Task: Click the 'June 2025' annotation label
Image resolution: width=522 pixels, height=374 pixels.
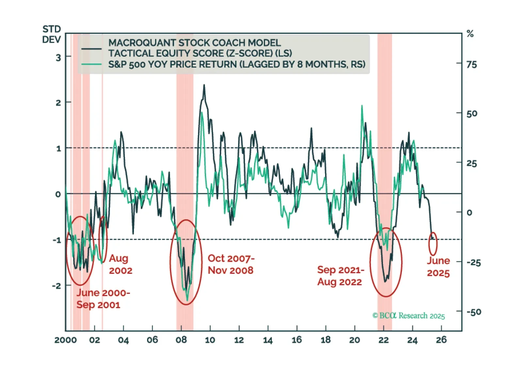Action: tap(438, 267)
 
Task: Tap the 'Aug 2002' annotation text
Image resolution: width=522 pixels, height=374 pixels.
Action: tap(121, 264)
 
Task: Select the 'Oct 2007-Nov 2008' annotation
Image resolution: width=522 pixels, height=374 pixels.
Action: tap(231, 264)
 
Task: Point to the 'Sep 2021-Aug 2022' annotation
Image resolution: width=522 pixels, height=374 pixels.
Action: tap(340, 276)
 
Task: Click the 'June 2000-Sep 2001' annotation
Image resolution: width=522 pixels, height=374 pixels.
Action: tap(103, 298)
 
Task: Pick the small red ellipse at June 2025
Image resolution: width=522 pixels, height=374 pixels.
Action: tap(433, 244)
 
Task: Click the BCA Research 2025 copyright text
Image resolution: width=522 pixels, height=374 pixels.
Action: tap(409, 315)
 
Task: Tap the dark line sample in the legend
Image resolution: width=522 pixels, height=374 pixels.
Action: tap(91, 49)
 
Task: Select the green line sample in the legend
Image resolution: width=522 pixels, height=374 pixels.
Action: tap(91, 64)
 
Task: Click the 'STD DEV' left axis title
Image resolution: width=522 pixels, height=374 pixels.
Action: tap(52, 34)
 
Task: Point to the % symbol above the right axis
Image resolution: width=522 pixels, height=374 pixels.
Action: tap(470, 34)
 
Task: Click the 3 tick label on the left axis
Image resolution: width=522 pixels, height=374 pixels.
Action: tap(58, 58)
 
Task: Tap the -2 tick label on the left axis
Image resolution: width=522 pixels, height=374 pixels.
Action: tap(57, 286)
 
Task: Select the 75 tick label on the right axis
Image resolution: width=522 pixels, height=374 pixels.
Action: tap(472, 64)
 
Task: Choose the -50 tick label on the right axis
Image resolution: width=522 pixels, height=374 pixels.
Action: tap(474, 312)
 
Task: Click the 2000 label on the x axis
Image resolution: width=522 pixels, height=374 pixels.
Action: tap(66, 340)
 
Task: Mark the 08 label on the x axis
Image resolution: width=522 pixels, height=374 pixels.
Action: tap(181, 340)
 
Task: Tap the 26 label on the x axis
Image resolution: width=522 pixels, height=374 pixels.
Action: tap(441, 340)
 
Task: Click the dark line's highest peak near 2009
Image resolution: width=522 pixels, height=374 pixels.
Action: tap(204, 85)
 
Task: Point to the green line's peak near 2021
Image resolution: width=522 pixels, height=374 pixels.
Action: tap(362, 106)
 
